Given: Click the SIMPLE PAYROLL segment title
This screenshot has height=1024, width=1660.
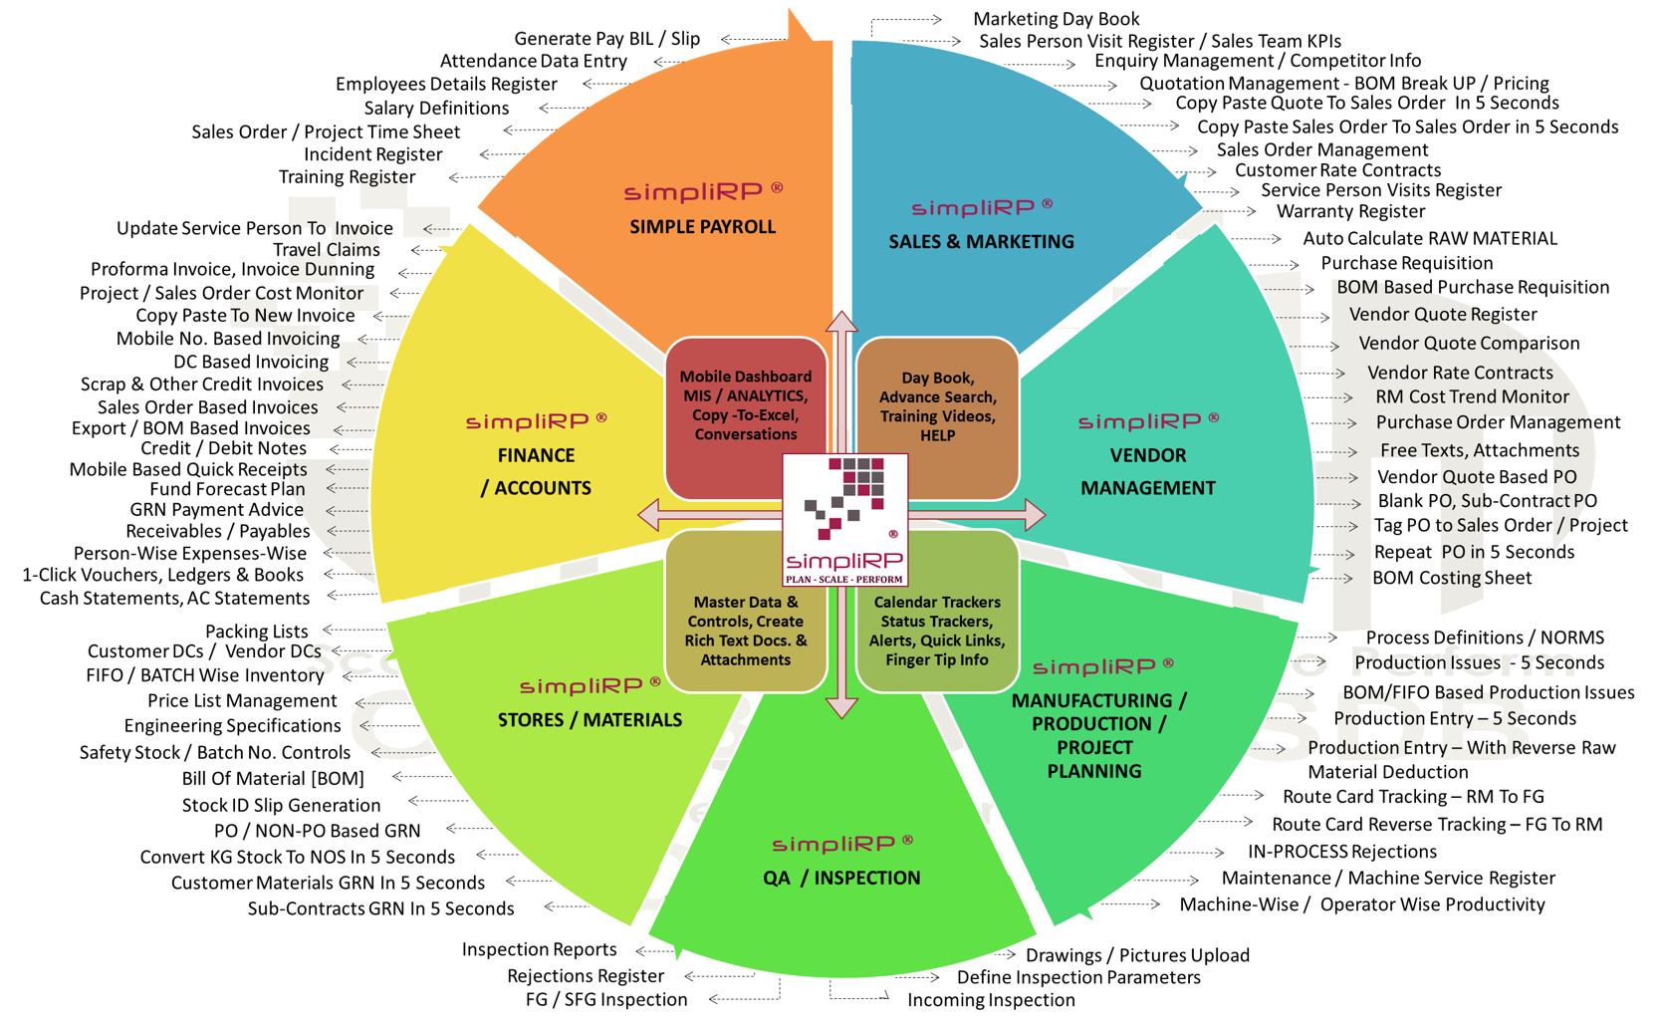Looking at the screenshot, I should (702, 227).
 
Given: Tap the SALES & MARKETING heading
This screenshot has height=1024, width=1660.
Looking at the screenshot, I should (981, 241).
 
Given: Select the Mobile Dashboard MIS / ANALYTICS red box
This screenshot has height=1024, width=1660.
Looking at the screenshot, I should (746, 405).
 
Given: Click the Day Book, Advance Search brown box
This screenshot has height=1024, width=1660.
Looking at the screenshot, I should (937, 406).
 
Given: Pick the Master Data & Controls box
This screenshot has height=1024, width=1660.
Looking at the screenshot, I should (745, 631).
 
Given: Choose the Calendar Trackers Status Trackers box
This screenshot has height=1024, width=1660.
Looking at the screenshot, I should (937, 631).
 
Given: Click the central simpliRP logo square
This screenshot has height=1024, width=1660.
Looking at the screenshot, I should (844, 519).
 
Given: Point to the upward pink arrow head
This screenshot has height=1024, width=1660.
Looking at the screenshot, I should (842, 322).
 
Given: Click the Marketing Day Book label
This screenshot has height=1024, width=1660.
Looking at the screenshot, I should (1056, 19).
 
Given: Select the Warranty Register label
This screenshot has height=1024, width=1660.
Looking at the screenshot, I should (1350, 211).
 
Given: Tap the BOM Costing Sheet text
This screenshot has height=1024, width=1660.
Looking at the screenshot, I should (1452, 578).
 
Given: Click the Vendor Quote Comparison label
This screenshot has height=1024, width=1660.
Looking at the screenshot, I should (1469, 344).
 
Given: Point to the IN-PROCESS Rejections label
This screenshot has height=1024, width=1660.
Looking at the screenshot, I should (1341, 852).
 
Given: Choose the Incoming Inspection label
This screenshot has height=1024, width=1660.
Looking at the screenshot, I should (991, 1000).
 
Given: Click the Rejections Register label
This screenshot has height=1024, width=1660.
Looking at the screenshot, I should (585, 976).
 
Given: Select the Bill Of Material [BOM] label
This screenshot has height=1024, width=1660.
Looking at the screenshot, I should (273, 779).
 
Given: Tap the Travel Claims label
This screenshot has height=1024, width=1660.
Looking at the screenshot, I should (326, 250).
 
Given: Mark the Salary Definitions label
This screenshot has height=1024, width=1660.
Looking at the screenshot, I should (436, 109).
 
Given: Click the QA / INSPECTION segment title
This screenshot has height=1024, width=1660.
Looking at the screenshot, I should (841, 878).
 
